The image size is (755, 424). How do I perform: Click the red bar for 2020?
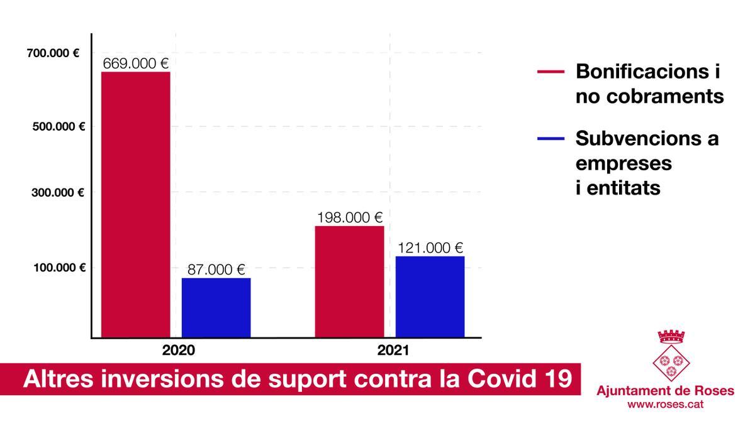tap(135, 205)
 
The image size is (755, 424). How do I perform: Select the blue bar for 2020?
tap(216, 308)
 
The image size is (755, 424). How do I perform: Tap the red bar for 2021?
tap(349, 281)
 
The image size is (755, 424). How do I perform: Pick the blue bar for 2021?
tap(430, 296)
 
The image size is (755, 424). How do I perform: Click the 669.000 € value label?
tap(136, 63)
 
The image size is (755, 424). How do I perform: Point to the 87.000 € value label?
tap(216, 269)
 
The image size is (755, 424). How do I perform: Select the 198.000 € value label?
tap(349, 217)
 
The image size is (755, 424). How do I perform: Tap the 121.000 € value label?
tap(430, 247)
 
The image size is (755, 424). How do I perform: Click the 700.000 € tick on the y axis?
tap(53, 53)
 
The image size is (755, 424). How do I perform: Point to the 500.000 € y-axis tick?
tap(58, 126)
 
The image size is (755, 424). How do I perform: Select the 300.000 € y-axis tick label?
tap(58, 193)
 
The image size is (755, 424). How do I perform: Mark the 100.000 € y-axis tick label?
tap(59, 268)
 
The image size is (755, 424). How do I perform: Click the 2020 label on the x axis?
tap(179, 351)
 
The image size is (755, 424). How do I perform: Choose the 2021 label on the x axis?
tap(393, 351)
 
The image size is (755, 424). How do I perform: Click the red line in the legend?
tap(551, 72)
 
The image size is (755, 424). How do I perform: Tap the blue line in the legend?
tap(551, 138)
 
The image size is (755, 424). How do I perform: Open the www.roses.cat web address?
tap(665, 405)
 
